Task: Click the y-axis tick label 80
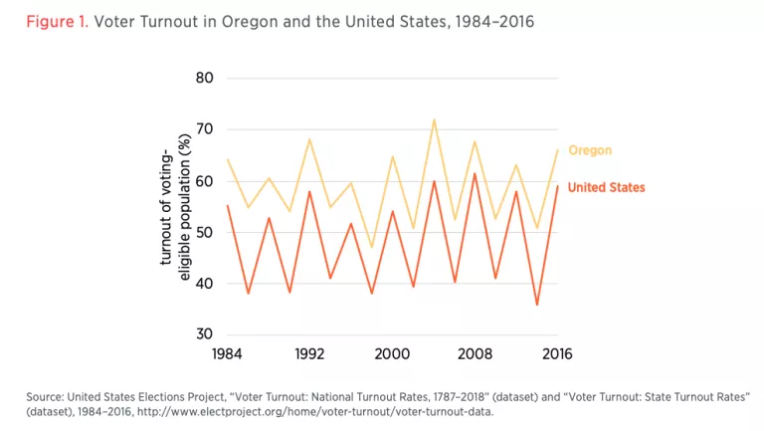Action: [207, 78]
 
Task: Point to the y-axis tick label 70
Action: [207, 129]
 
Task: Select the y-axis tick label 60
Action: [207, 181]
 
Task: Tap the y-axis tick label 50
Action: [207, 232]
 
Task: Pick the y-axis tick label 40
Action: [207, 284]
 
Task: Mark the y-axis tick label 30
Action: [207, 335]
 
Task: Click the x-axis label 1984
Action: [228, 353]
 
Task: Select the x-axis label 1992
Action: [309, 353]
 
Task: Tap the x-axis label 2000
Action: [392, 353]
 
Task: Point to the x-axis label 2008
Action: [475, 353]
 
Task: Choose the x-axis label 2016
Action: [557, 353]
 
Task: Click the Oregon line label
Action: [590, 150]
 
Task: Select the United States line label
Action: [606, 187]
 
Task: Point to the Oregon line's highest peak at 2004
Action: [434, 119]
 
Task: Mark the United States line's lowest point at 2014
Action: [537, 305]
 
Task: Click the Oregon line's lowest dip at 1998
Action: [372, 247]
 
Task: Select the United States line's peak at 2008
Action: [475, 174]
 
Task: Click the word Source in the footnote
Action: [45, 396]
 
